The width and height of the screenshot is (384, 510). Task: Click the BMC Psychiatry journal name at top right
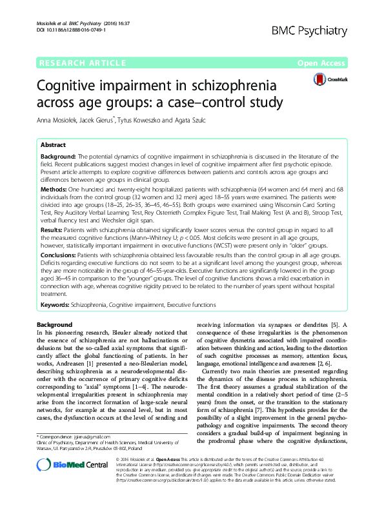point(329,28)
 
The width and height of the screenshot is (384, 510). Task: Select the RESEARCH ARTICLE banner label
point(82,63)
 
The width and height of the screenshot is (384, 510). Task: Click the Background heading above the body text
point(54,324)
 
